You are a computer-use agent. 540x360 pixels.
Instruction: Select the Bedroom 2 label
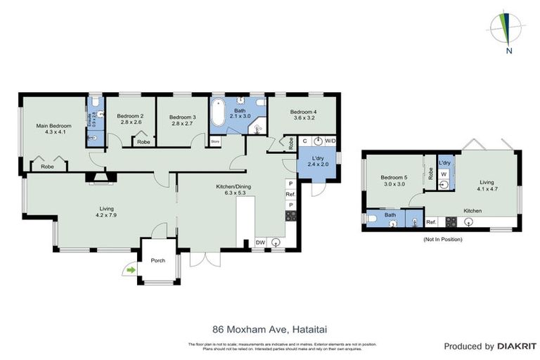click(x=130, y=119)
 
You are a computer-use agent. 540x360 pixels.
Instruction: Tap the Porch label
click(x=158, y=261)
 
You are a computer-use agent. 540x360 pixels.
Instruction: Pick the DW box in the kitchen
click(x=261, y=243)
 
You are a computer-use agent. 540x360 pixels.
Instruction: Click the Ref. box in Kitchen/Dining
click(x=290, y=193)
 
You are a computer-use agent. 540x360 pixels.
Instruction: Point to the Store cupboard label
click(x=215, y=141)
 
